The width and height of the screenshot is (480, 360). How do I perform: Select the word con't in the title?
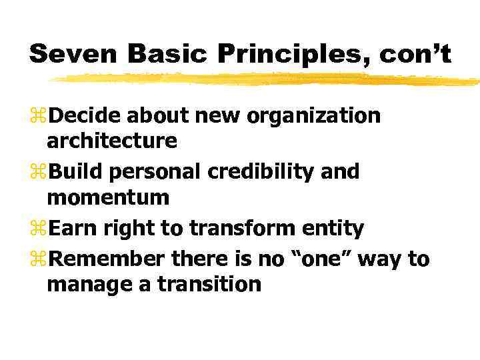tap(415, 54)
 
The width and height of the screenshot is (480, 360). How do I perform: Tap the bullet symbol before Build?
tap(39, 173)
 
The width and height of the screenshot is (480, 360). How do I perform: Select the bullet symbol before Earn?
tap(39, 229)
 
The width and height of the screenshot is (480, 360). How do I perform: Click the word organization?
tap(313, 116)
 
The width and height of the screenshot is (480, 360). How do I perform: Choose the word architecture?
tap(112, 141)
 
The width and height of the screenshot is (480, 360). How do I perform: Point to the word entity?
tap(331, 229)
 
